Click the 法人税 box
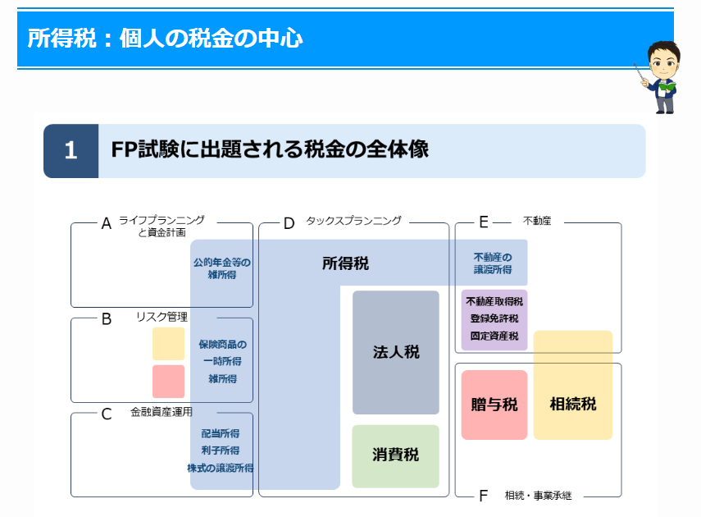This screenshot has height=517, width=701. click(x=396, y=352)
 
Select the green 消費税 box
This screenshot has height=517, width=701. click(x=396, y=455)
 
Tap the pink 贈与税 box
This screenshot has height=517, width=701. click(x=494, y=405)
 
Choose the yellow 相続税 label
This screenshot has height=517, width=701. click(x=573, y=404)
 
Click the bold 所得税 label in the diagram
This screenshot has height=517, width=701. click(x=345, y=263)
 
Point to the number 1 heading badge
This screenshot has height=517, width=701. click(x=71, y=151)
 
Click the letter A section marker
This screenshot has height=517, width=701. click(x=106, y=223)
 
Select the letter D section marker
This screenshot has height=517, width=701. click(x=289, y=223)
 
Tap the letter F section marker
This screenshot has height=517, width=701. click(x=484, y=496)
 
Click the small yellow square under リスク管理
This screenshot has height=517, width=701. click(x=168, y=344)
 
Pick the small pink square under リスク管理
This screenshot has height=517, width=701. click(x=168, y=382)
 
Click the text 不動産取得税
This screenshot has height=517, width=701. click(x=494, y=301)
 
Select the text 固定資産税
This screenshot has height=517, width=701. click(x=494, y=336)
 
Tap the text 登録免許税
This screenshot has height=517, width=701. click(x=494, y=318)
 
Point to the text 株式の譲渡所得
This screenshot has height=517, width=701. click(x=220, y=468)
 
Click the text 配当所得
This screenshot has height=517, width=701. click(x=220, y=433)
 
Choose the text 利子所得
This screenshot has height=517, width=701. click(x=220, y=451)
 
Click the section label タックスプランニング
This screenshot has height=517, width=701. click(x=353, y=221)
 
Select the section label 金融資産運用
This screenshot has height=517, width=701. click(x=162, y=412)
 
